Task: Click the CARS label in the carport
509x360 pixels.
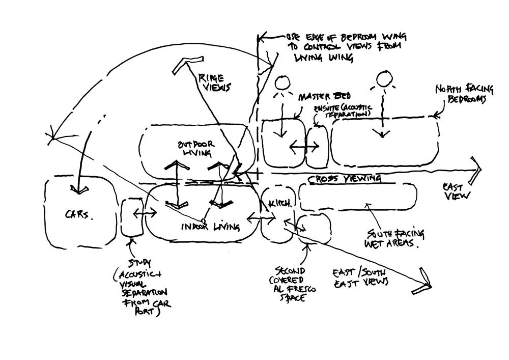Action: pos(79,215)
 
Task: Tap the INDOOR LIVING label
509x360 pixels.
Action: pos(210,227)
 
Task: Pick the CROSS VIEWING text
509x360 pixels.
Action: pos(345,179)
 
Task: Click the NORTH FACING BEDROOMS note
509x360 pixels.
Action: pos(463,94)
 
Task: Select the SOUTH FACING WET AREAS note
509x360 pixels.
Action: pos(395,238)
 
